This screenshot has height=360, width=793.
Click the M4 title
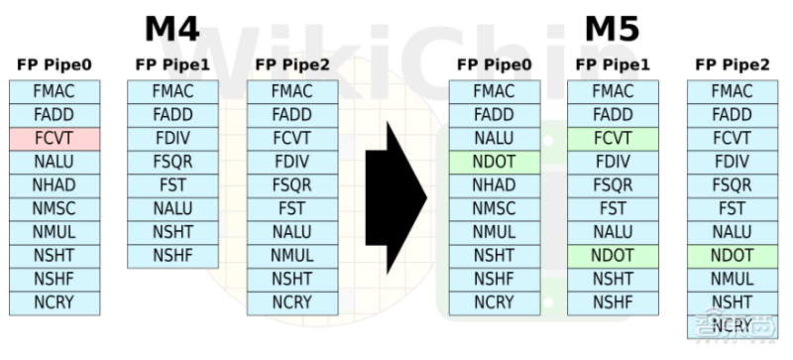(171, 29)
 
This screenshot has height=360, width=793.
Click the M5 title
(612, 29)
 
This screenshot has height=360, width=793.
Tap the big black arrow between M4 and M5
(396, 197)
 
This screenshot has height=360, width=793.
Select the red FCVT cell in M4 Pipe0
(55, 139)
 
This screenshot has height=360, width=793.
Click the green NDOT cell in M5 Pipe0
(495, 162)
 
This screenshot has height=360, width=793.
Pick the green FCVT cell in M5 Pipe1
(613, 139)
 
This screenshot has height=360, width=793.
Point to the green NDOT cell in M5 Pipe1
(613, 256)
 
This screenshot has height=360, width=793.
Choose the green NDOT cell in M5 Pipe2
(733, 256)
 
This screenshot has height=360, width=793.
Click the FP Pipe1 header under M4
(172, 64)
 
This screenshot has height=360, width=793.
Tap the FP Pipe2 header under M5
(733, 64)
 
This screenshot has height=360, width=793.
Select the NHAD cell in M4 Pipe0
(55, 185)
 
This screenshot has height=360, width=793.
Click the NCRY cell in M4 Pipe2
(292, 302)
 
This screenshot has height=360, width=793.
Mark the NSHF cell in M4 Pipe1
(172, 256)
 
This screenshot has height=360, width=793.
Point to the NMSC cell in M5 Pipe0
(495, 208)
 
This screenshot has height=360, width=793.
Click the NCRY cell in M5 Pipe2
(733, 326)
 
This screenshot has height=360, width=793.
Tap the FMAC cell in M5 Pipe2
(733, 91)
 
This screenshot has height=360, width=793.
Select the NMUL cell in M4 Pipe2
(292, 256)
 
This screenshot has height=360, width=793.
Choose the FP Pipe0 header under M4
(55, 64)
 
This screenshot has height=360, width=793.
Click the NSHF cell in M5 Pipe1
(613, 302)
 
